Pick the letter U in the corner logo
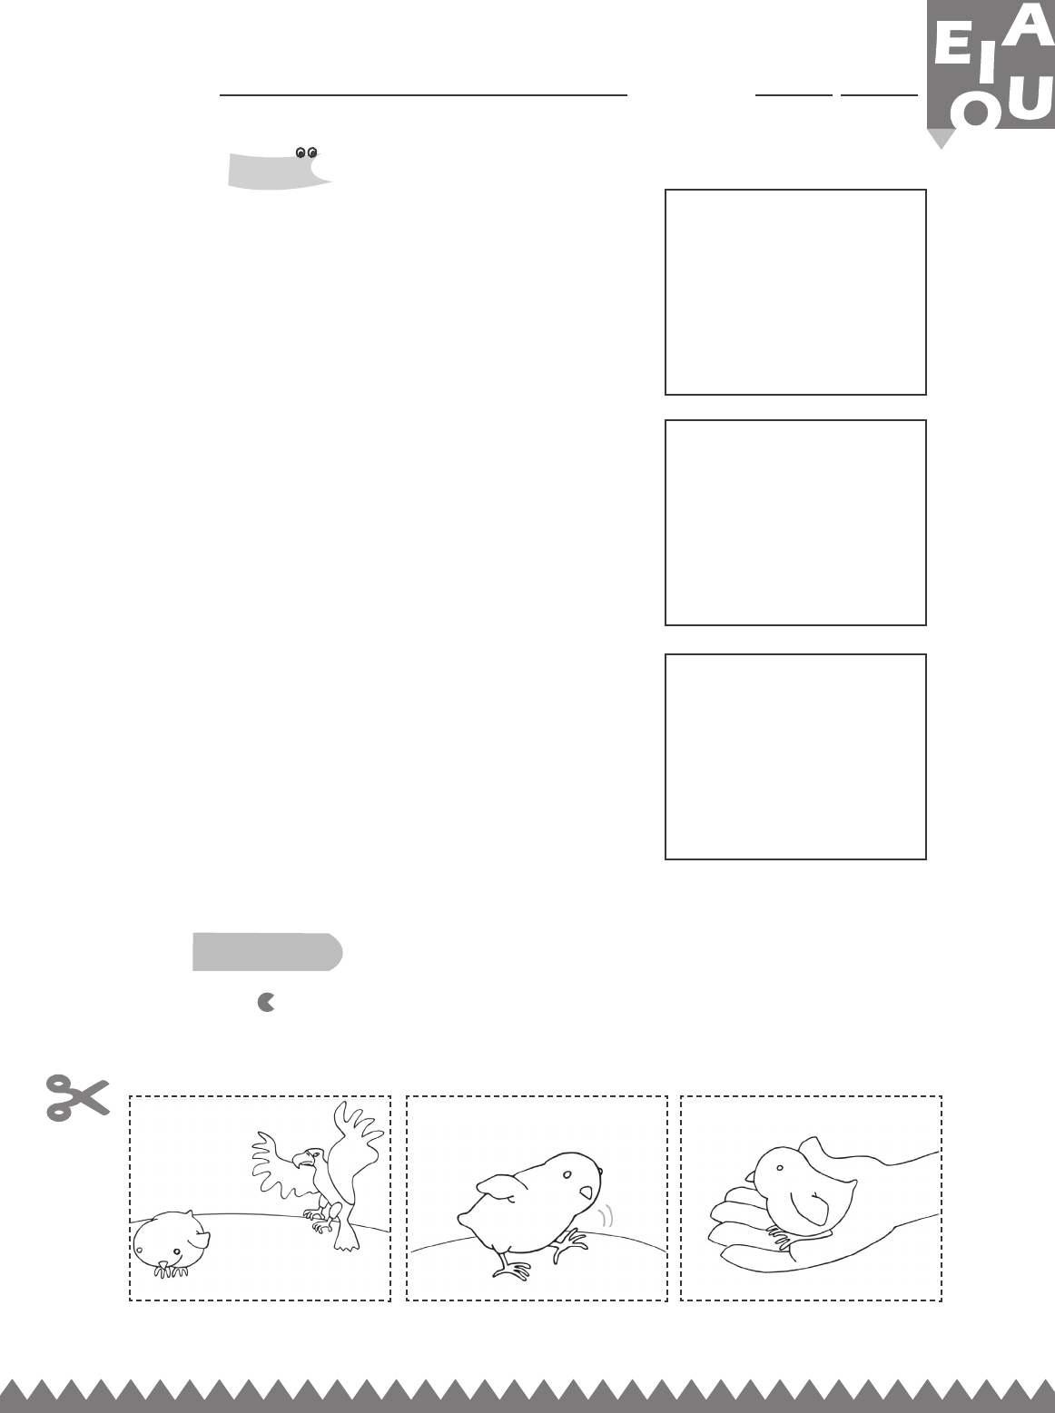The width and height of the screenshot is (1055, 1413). (x=1030, y=102)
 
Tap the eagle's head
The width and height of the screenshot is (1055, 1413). (x=307, y=1158)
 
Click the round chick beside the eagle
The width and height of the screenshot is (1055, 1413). (x=171, y=1243)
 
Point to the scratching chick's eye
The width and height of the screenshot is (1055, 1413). (x=567, y=1174)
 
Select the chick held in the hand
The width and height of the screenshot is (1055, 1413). (x=801, y=1188)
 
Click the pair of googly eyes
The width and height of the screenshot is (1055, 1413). (x=307, y=152)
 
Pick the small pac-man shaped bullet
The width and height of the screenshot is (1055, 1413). (x=266, y=1002)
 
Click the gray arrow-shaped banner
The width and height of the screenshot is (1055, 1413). (x=267, y=951)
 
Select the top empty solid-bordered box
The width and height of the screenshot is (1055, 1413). (x=795, y=291)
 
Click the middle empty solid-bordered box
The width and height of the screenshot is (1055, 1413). (x=795, y=522)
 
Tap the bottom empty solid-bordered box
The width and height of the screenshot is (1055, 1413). (x=795, y=756)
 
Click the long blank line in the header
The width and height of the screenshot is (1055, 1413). (x=423, y=95)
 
